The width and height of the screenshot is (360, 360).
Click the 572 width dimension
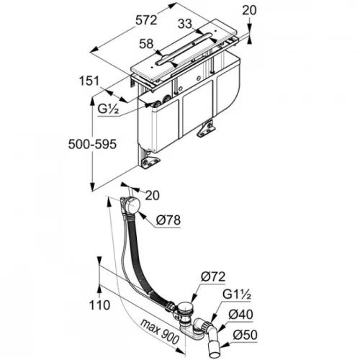tap(146, 19)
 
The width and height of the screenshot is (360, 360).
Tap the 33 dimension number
tap(185, 24)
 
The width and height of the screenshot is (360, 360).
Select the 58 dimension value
tap(146, 44)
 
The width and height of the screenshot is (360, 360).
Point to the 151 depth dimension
tap(89, 81)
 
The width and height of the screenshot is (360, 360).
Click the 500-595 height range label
tap(92, 144)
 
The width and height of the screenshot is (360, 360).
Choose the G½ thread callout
tap(108, 109)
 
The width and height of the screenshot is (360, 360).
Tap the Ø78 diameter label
tap(168, 220)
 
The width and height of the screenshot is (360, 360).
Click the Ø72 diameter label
tap(213, 276)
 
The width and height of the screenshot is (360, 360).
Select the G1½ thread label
tap(237, 294)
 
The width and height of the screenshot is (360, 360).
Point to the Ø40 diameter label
tap(240, 315)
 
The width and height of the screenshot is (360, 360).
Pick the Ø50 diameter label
tap(245, 335)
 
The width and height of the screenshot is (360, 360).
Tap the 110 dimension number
tap(99, 305)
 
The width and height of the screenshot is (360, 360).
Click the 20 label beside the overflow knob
tap(153, 195)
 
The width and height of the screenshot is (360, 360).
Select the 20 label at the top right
tap(249, 10)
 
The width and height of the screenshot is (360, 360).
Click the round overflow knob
tap(131, 204)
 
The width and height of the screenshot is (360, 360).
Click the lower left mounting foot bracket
tap(151, 163)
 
